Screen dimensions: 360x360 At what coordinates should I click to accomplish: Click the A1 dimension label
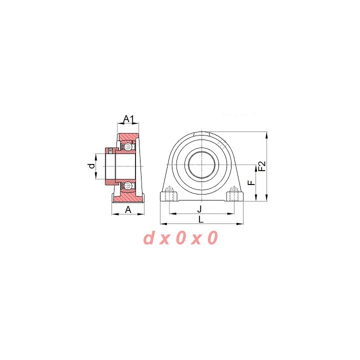[128, 119]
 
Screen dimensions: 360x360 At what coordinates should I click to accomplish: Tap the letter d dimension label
[91, 166]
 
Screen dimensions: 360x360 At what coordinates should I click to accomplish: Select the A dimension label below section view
[128, 209]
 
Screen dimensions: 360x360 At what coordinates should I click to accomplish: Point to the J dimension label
[199, 209]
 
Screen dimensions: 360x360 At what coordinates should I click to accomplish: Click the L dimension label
[201, 219]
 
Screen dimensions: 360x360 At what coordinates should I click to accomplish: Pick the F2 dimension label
[262, 166]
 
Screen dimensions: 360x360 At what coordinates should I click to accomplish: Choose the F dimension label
[252, 183]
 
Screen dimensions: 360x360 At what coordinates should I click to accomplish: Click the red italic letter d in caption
[149, 237]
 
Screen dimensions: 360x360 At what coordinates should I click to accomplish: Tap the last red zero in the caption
[212, 237]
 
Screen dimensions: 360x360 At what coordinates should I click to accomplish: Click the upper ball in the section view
[127, 146]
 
